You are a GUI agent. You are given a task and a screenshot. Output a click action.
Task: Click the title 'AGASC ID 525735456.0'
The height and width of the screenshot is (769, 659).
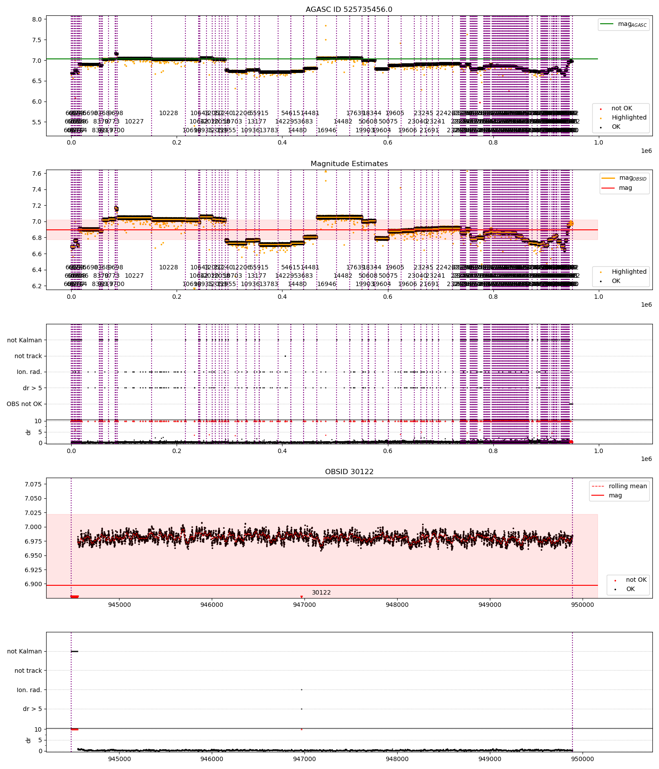point(349,10)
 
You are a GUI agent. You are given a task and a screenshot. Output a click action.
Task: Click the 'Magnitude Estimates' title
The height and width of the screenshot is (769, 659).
point(349,164)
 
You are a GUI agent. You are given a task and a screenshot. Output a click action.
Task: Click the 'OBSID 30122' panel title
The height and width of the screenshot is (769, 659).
point(349,472)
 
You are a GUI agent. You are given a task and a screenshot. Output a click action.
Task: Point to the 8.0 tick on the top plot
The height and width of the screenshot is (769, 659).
point(37,19)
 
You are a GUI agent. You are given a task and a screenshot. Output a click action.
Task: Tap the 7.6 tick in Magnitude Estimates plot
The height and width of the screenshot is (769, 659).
point(37,174)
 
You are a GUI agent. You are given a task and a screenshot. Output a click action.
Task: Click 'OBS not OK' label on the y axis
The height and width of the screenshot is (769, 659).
point(24,404)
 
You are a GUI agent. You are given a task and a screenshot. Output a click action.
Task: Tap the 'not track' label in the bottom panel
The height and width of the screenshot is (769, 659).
point(28,671)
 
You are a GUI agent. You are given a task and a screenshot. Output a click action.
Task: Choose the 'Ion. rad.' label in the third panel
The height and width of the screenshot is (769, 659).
point(29,372)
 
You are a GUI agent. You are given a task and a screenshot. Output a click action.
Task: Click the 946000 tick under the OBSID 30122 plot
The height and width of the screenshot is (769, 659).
point(212,605)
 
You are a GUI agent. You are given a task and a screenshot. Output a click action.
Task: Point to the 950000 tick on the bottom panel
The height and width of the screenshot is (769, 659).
point(583,759)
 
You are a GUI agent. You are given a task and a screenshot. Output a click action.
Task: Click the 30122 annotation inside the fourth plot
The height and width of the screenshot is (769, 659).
point(321,593)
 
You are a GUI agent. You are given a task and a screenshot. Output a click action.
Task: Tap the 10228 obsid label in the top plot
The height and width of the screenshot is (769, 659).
point(168,113)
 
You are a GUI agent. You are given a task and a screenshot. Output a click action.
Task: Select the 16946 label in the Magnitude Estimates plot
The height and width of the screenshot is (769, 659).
point(326,284)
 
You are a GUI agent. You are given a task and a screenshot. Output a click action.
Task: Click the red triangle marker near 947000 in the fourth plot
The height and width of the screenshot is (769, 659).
point(301,597)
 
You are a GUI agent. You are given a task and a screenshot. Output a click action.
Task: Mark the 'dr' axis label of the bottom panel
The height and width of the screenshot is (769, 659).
point(29,740)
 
